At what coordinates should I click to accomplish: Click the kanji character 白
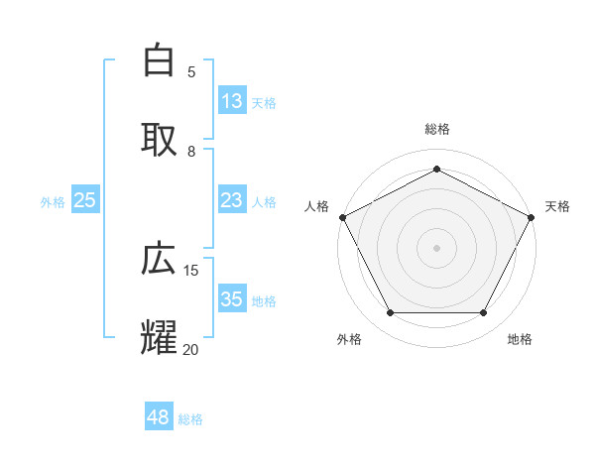[159, 61]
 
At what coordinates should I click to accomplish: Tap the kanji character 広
[159, 260]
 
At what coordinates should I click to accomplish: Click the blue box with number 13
[231, 101]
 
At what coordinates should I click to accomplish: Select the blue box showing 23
[231, 201]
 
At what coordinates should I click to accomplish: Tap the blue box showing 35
[231, 300]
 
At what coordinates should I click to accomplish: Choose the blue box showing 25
[85, 201]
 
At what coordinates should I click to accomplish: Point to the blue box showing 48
[158, 417]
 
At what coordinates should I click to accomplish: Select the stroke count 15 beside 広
[191, 270]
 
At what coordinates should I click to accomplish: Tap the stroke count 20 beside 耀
[191, 349]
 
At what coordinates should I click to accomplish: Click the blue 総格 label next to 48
[190, 419]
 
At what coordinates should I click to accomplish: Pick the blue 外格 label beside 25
[53, 202]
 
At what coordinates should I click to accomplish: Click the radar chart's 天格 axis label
[557, 206]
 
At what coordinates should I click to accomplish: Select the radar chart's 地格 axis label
[520, 339]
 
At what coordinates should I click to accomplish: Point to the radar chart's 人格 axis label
[316, 206]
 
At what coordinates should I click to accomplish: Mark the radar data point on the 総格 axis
[436, 169]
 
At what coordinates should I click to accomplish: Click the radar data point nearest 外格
[390, 313]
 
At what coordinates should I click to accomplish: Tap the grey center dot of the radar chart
[436, 247]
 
